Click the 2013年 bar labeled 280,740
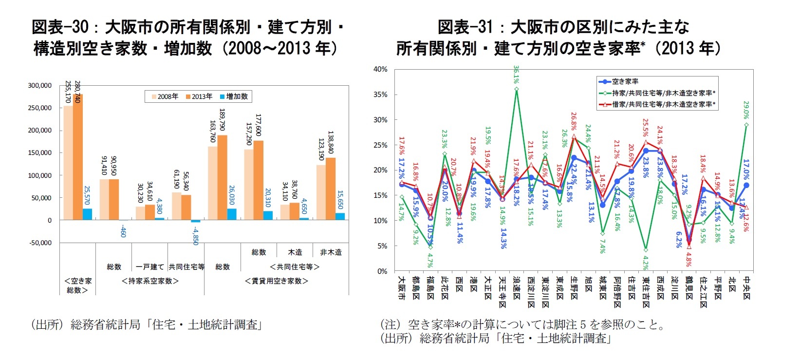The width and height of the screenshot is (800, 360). click(x=78, y=157)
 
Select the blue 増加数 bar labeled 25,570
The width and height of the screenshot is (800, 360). click(x=87, y=214)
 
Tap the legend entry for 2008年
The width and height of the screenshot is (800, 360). click(x=163, y=96)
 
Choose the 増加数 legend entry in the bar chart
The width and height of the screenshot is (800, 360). click(x=234, y=96)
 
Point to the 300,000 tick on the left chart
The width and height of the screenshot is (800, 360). click(x=39, y=85)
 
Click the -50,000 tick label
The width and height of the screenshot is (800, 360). click(x=39, y=243)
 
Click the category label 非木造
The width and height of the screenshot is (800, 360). click(x=331, y=252)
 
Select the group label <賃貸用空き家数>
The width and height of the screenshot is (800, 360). click(x=276, y=281)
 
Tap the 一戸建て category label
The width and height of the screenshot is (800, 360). click(x=149, y=267)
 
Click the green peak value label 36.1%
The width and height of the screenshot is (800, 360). click(x=516, y=75)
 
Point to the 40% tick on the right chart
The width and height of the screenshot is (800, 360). click(x=380, y=69)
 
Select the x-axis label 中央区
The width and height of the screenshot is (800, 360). click(x=747, y=288)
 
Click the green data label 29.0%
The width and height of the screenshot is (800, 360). click(x=746, y=110)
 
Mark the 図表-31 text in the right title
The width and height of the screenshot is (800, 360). click(x=465, y=27)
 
